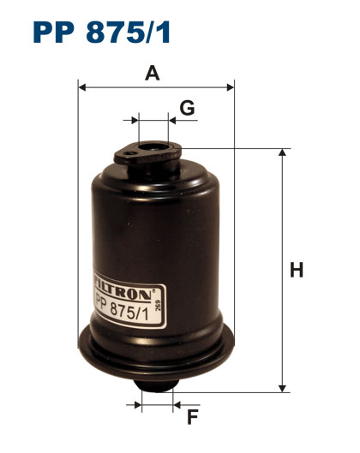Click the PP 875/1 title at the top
(102, 33)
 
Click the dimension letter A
(153, 73)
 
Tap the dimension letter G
(187, 108)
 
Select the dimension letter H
(297, 270)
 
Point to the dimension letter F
(192, 417)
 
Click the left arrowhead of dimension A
(81, 87)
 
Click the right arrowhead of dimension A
(231, 87)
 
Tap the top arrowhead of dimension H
(282, 152)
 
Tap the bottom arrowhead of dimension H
(282, 389)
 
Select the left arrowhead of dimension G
(135, 120)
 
